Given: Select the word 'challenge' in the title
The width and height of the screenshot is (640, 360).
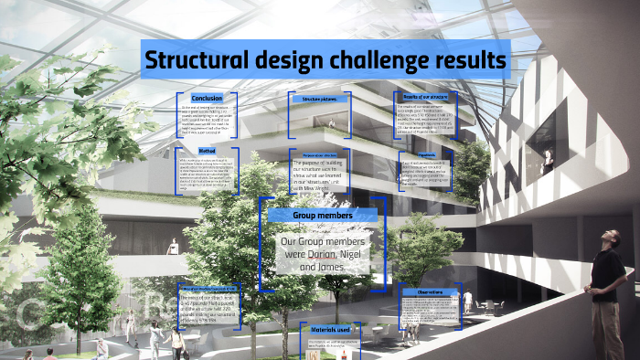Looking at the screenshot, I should point(378,60).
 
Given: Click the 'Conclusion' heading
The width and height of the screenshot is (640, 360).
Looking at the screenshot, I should point(207,98).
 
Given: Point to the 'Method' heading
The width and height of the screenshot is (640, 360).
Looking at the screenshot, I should point(208,151).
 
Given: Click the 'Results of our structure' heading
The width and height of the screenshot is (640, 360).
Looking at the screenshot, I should point(425,96).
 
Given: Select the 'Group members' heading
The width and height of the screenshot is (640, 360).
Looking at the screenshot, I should point(321,216).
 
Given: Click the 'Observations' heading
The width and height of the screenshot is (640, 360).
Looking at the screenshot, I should point(431,291).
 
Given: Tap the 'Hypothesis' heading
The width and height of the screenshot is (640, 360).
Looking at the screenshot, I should point(426,155).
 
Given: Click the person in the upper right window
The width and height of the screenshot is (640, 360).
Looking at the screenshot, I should point(548,161).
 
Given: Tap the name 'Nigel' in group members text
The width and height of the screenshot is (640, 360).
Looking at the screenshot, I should point(355,253).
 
